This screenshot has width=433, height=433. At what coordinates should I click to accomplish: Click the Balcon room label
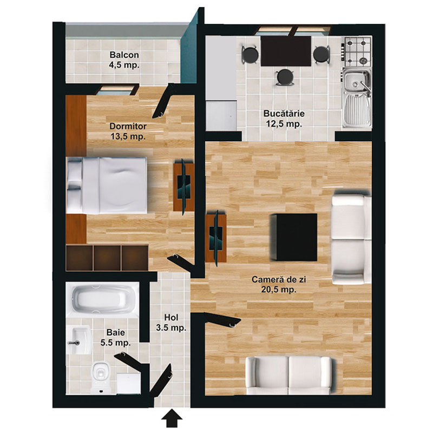[124, 60]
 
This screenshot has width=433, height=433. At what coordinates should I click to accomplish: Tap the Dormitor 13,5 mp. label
[128, 131]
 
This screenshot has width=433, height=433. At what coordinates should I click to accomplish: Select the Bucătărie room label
[284, 119]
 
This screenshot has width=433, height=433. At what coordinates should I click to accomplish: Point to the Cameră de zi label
[279, 285]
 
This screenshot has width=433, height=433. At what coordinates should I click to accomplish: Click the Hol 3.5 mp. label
[171, 323]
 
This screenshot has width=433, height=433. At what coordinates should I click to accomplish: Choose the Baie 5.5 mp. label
[115, 337]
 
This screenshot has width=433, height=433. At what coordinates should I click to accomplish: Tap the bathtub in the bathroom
[102, 300]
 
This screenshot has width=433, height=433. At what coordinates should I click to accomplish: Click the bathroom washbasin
[79, 340]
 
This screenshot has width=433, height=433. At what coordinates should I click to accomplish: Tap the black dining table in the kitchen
[286, 51]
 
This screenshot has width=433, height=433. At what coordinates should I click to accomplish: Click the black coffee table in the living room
[293, 237]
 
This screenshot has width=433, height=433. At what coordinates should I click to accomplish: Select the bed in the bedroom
[107, 185]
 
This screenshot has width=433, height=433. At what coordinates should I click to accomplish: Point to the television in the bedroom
[183, 187]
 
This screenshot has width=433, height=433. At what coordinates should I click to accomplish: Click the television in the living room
[216, 238]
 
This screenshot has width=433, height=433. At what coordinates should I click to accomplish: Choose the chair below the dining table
[285, 77]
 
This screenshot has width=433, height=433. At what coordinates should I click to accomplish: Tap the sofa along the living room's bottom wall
[288, 375]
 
